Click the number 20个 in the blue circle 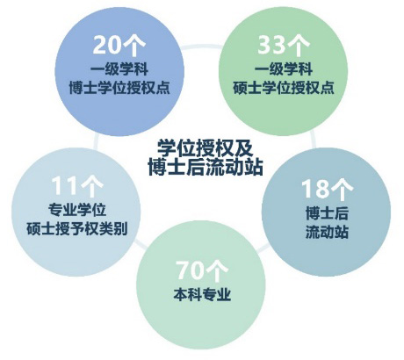(x=119, y=46)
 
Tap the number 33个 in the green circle (x=284, y=46)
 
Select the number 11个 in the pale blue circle (x=77, y=186)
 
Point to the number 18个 (x=327, y=189)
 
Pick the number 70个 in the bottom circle (x=202, y=270)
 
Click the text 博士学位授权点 (x=119, y=88)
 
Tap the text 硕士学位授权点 (x=284, y=88)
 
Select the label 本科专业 (x=202, y=294)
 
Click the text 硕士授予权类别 (x=77, y=228)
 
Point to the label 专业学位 (x=77, y=210)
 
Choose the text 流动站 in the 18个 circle (x=327, y=232)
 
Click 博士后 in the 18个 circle (x=327, y=212)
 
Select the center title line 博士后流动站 (x=205, y=168)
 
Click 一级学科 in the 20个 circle (x=119, y=69)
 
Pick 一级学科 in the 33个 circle (x=284, y=69)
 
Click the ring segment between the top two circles (x=201, y=46)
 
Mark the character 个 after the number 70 (x=216, y=271)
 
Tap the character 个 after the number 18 (x=342, y=190)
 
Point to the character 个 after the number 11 (x=92, y=187)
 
